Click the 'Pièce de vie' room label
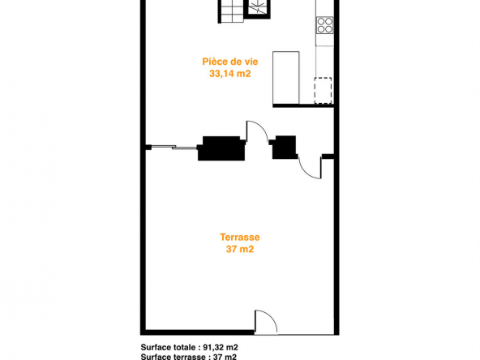pos(230,62)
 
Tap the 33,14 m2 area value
pos(230,74)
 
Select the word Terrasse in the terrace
pos(240,238)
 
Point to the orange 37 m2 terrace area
pos(240,249)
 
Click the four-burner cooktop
pos(325,25)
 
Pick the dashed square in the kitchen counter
pos(323,90)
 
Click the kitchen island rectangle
pos(286,78)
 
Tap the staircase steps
pos(231,11)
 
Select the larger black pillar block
pos(221,148)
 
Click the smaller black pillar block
pos(284,148)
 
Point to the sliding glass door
pos(174,148)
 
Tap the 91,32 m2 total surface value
pos(221,347)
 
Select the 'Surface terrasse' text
pos(173,357)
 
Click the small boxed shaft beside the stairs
pos(258,9)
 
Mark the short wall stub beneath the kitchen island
pos(303,106)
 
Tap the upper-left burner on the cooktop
pos(321,21)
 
